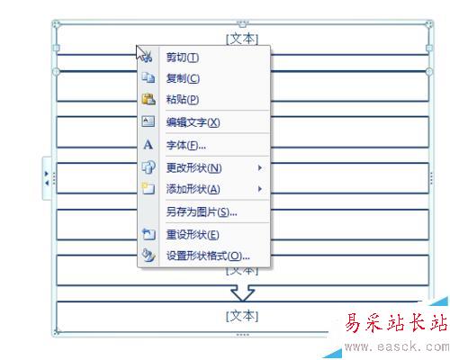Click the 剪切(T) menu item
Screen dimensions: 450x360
pyautogui.click(x=183, y=57)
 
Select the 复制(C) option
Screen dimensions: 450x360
pyautogui.click(x=183, y=78)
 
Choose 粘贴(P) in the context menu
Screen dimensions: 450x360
pyautogui.click(x=183, y=99)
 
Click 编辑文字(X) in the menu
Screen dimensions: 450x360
pyautogui.click(x=193, y=122)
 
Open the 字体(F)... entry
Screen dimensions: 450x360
pyautogui.click(x=186, y=145)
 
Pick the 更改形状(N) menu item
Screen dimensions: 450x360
pyautogui.click(x=194, y=168)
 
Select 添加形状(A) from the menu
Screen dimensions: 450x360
pyautogui.click(x=193, y=189)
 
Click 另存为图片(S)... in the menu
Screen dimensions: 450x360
pyautogui.click(x=202, y=212)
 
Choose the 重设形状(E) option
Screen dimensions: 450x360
pyautogui.click(x=193, y=235)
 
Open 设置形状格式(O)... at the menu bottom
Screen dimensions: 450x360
pyautogui.click(x=208, y=256)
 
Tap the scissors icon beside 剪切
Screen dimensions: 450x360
pyautogui.click(x=147, y=57)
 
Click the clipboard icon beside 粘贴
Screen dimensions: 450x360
pyautogui.click(x=148, y=99)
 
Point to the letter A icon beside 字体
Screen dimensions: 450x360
pyautogui.click(x=148, y=145)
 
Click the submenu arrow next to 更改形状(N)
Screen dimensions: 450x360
pyautogui.click(x=260, y=168)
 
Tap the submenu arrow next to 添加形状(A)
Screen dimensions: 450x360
pyautogui.click(x=260, y=189)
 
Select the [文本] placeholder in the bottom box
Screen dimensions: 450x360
pyautogui.click(x=242, y=316)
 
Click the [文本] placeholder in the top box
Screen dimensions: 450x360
pyautogui.click(x=242, y=39)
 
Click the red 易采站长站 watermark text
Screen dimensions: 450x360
pyautogui.click(x=396, y=322)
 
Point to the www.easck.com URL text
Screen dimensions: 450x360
pyautogui.click(x=397, y=346)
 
